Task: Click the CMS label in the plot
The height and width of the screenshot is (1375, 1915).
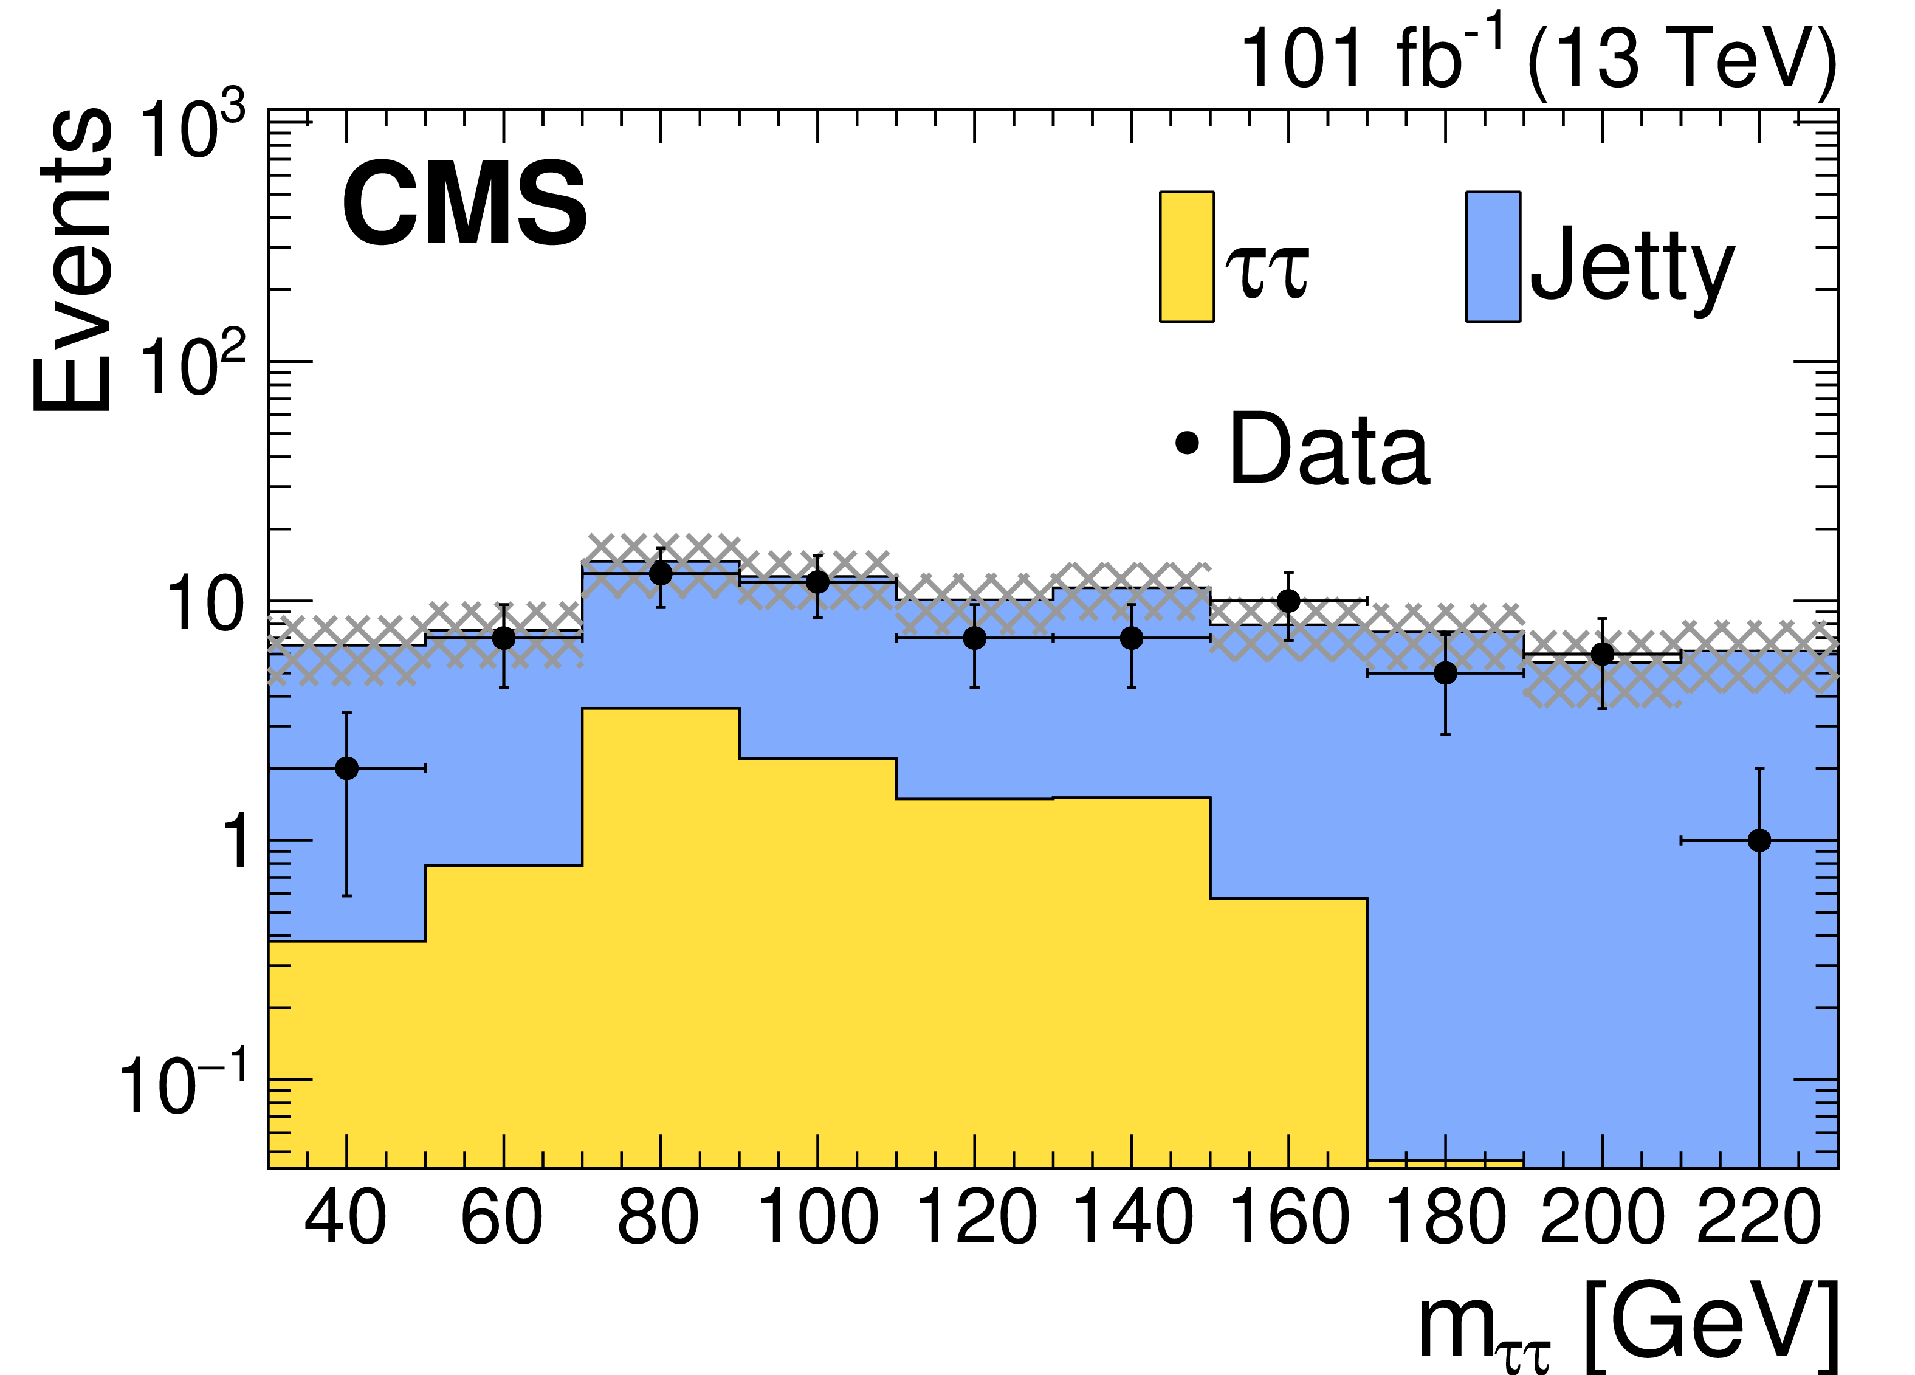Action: tap(464, 205)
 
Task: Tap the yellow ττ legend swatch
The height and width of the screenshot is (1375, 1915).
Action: tap(1186, 257)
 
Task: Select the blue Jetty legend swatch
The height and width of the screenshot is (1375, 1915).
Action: tap(1493, 257)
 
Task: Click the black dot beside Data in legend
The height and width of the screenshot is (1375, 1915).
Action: tap(1186, 443)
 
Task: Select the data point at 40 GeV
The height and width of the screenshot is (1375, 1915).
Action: tap(346, 768)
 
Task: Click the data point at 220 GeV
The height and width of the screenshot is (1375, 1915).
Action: tap(1759, 840)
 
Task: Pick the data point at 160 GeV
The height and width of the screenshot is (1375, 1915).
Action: tap(1288, 601)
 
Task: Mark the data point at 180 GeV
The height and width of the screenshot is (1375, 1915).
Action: tap(1446, 673)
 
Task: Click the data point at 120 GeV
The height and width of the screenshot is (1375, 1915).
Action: tap(974, 638)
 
